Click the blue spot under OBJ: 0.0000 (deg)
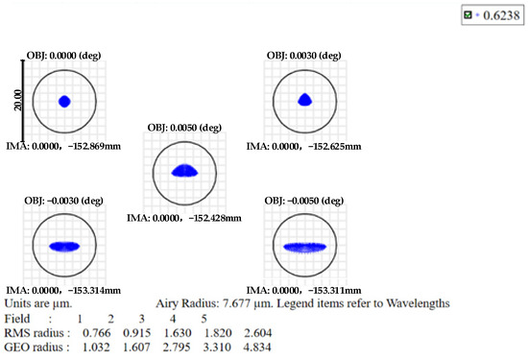(x=65, y=101)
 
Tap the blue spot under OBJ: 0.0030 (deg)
(x=304, y=98)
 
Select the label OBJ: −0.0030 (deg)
(x=66, y=200)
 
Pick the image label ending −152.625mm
(x=304, y=147)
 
